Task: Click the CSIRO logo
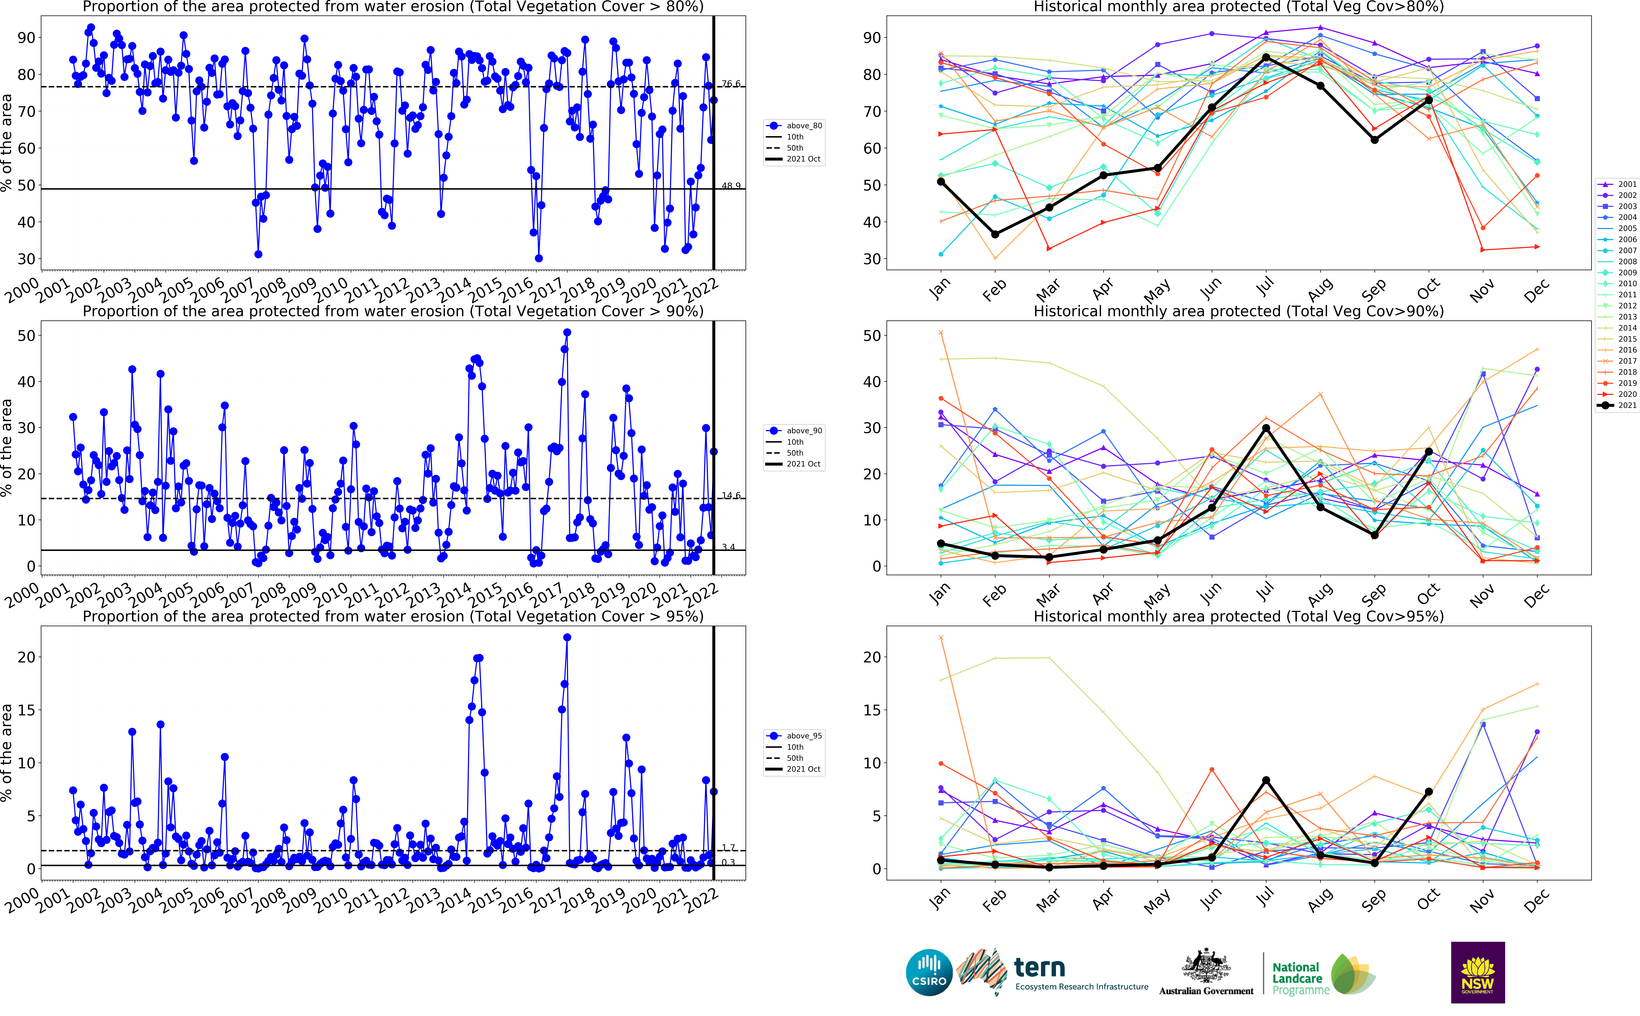[929, 972]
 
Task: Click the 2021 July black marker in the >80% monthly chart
[1266, 57]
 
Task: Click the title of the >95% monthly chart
[1238, 616]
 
